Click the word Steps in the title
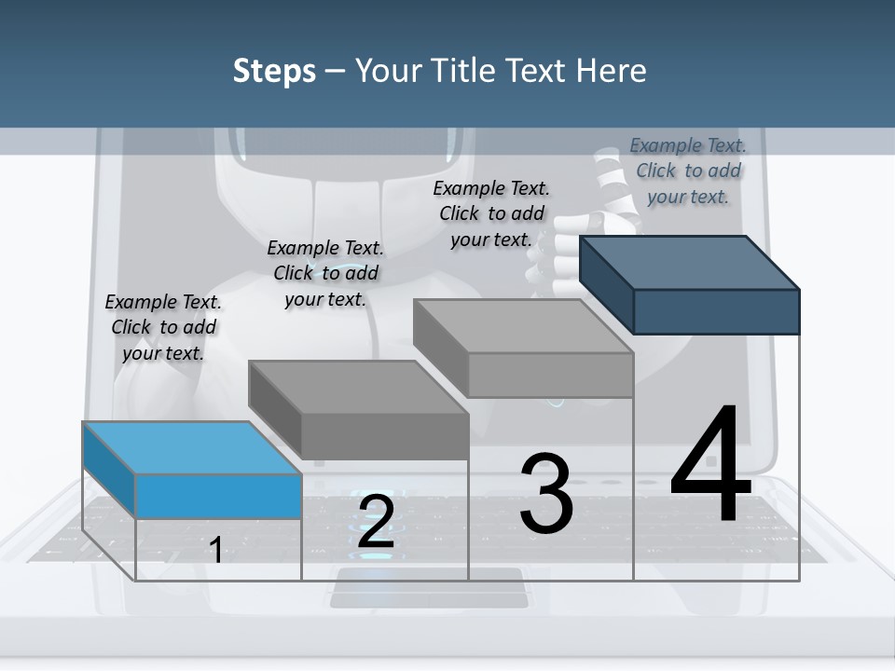[x=274, y=71]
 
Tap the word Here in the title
[x=612, y=71]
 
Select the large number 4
[x=711, y=466]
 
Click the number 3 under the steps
[x=546, y=494]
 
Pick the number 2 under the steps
[x=376, y=522]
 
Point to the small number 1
[x=216, y=550]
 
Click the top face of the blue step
[x=192, y=447]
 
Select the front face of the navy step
[x=716, y=311]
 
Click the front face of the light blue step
[x=218, y=496]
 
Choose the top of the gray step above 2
[x=358, y=386]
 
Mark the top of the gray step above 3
[x=523, y=325]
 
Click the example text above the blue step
[x=163, y=327]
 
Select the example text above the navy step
[x=688, y=171]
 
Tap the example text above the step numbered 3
[x=491, y=213]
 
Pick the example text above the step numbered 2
[x=325, y=273]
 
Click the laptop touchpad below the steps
[x=427, y=588]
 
